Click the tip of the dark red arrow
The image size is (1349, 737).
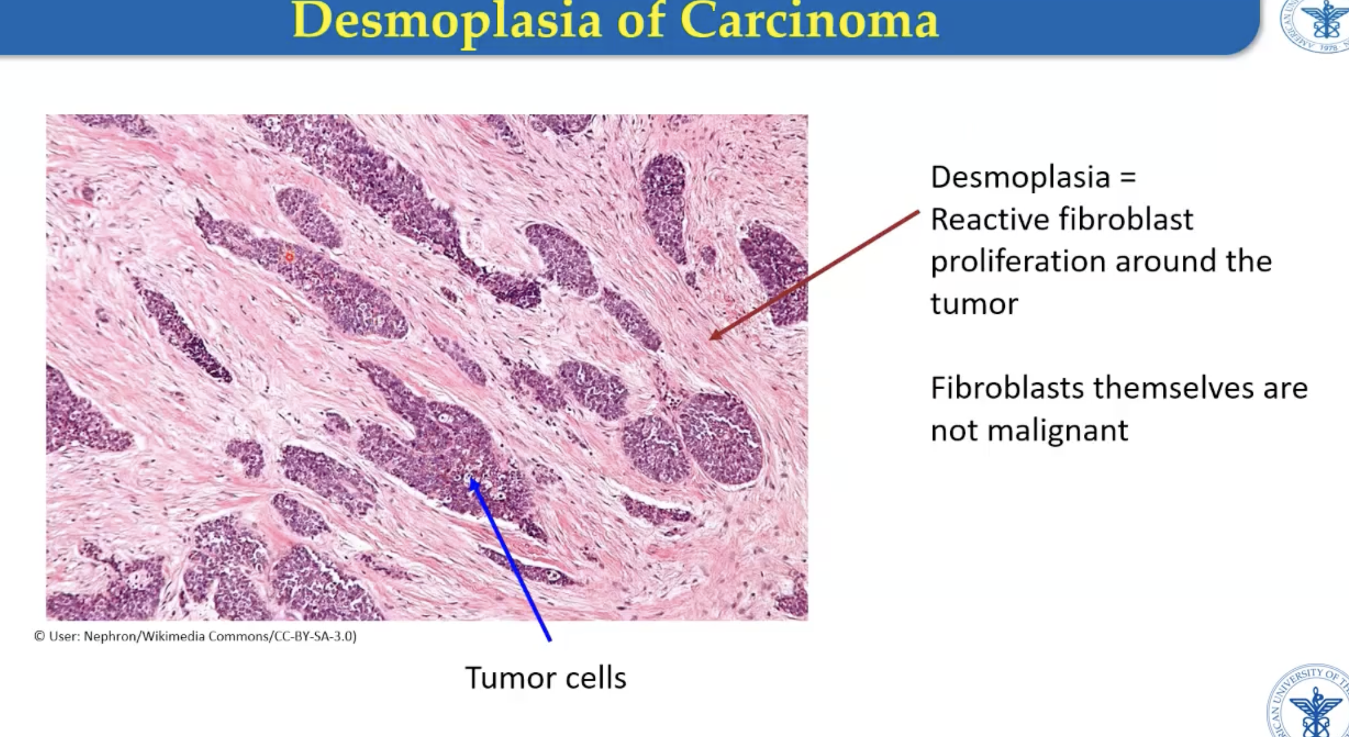[711, 338]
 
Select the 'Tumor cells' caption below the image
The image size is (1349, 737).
[545, 678]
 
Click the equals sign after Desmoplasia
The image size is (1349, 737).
[1128, 177]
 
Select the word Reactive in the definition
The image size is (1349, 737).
[988, 219]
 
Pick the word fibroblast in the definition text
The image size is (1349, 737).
[1126, 219]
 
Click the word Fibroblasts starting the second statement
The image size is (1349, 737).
[1007, 388]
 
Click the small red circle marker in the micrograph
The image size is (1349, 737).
[289, 257]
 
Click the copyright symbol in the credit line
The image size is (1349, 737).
[39, 636]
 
